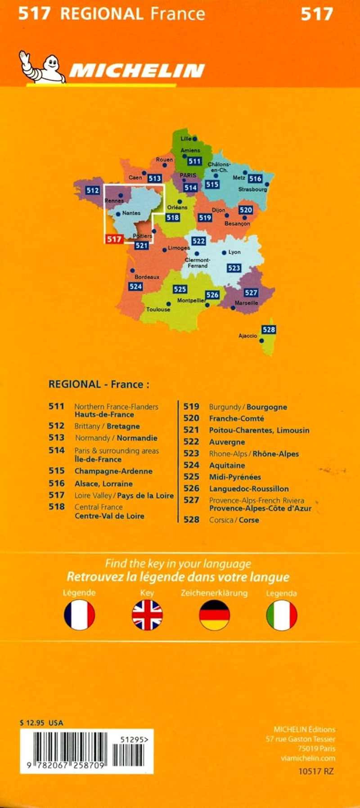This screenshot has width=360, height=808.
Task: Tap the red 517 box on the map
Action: coord(114,239)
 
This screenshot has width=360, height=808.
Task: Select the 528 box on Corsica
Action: coord(269,330)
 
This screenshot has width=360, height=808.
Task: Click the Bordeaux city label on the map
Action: coord(147,277)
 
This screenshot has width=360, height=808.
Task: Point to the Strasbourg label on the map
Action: coord(252,189)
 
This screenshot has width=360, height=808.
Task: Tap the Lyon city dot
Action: coord(224,252)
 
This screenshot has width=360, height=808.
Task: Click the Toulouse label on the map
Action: coord(158,310)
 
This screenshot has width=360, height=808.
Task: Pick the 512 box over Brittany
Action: coord(93,190)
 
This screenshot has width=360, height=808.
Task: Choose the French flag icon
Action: coord(79,615)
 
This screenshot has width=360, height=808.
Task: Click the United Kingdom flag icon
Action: coord(147,615)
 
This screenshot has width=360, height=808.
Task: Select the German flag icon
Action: coord(214,615)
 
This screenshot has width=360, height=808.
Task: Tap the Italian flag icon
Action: coord(282,615)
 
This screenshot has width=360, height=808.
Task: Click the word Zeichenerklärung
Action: coord(214,593)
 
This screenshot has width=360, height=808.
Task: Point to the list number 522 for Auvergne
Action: coord(191,442)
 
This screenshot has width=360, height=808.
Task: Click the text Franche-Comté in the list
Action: coord(236,418)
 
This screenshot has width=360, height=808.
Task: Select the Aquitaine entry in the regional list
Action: coord(227,465)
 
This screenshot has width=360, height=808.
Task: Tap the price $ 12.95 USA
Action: coord(42,723)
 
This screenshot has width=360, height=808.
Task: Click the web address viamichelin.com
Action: coord(308,758)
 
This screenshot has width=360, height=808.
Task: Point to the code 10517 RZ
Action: coord(316,772)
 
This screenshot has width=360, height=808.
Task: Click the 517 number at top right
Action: coord(317,14)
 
